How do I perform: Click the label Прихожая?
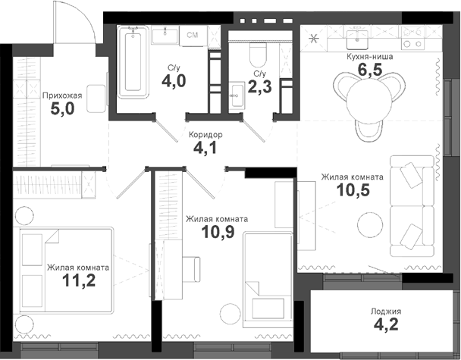62,96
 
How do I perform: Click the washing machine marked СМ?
193,36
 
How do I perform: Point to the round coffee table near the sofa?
371,224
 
